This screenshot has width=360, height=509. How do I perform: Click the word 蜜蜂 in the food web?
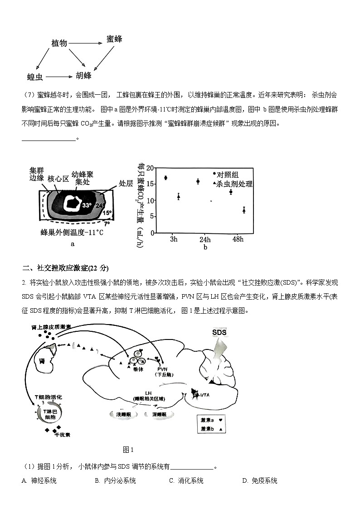click(x=114, y=39)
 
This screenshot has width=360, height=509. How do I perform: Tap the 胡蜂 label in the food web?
click(x=83, y=75)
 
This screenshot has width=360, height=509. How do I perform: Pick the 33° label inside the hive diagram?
click(x=87, y=205)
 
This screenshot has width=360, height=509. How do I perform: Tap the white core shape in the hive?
click(x=71, y=203)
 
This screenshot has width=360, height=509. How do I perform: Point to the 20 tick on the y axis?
click(x=150, y=168)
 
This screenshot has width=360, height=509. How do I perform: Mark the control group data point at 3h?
click(x=165, y=178)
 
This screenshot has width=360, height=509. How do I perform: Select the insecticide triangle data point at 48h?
click(x=244, y=210)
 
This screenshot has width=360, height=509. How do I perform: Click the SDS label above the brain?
click(x=219, y=332)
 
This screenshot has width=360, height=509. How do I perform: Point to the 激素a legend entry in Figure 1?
click(x=211, y=420)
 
